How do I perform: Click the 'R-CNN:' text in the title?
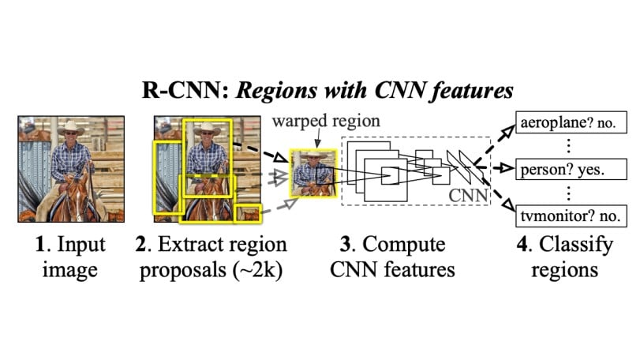[x=172, y=91]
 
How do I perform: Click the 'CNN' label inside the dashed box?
[x=465, y=192]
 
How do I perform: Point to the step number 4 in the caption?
[x=522, y=244]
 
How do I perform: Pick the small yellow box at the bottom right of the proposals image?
[x=249, y=212]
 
